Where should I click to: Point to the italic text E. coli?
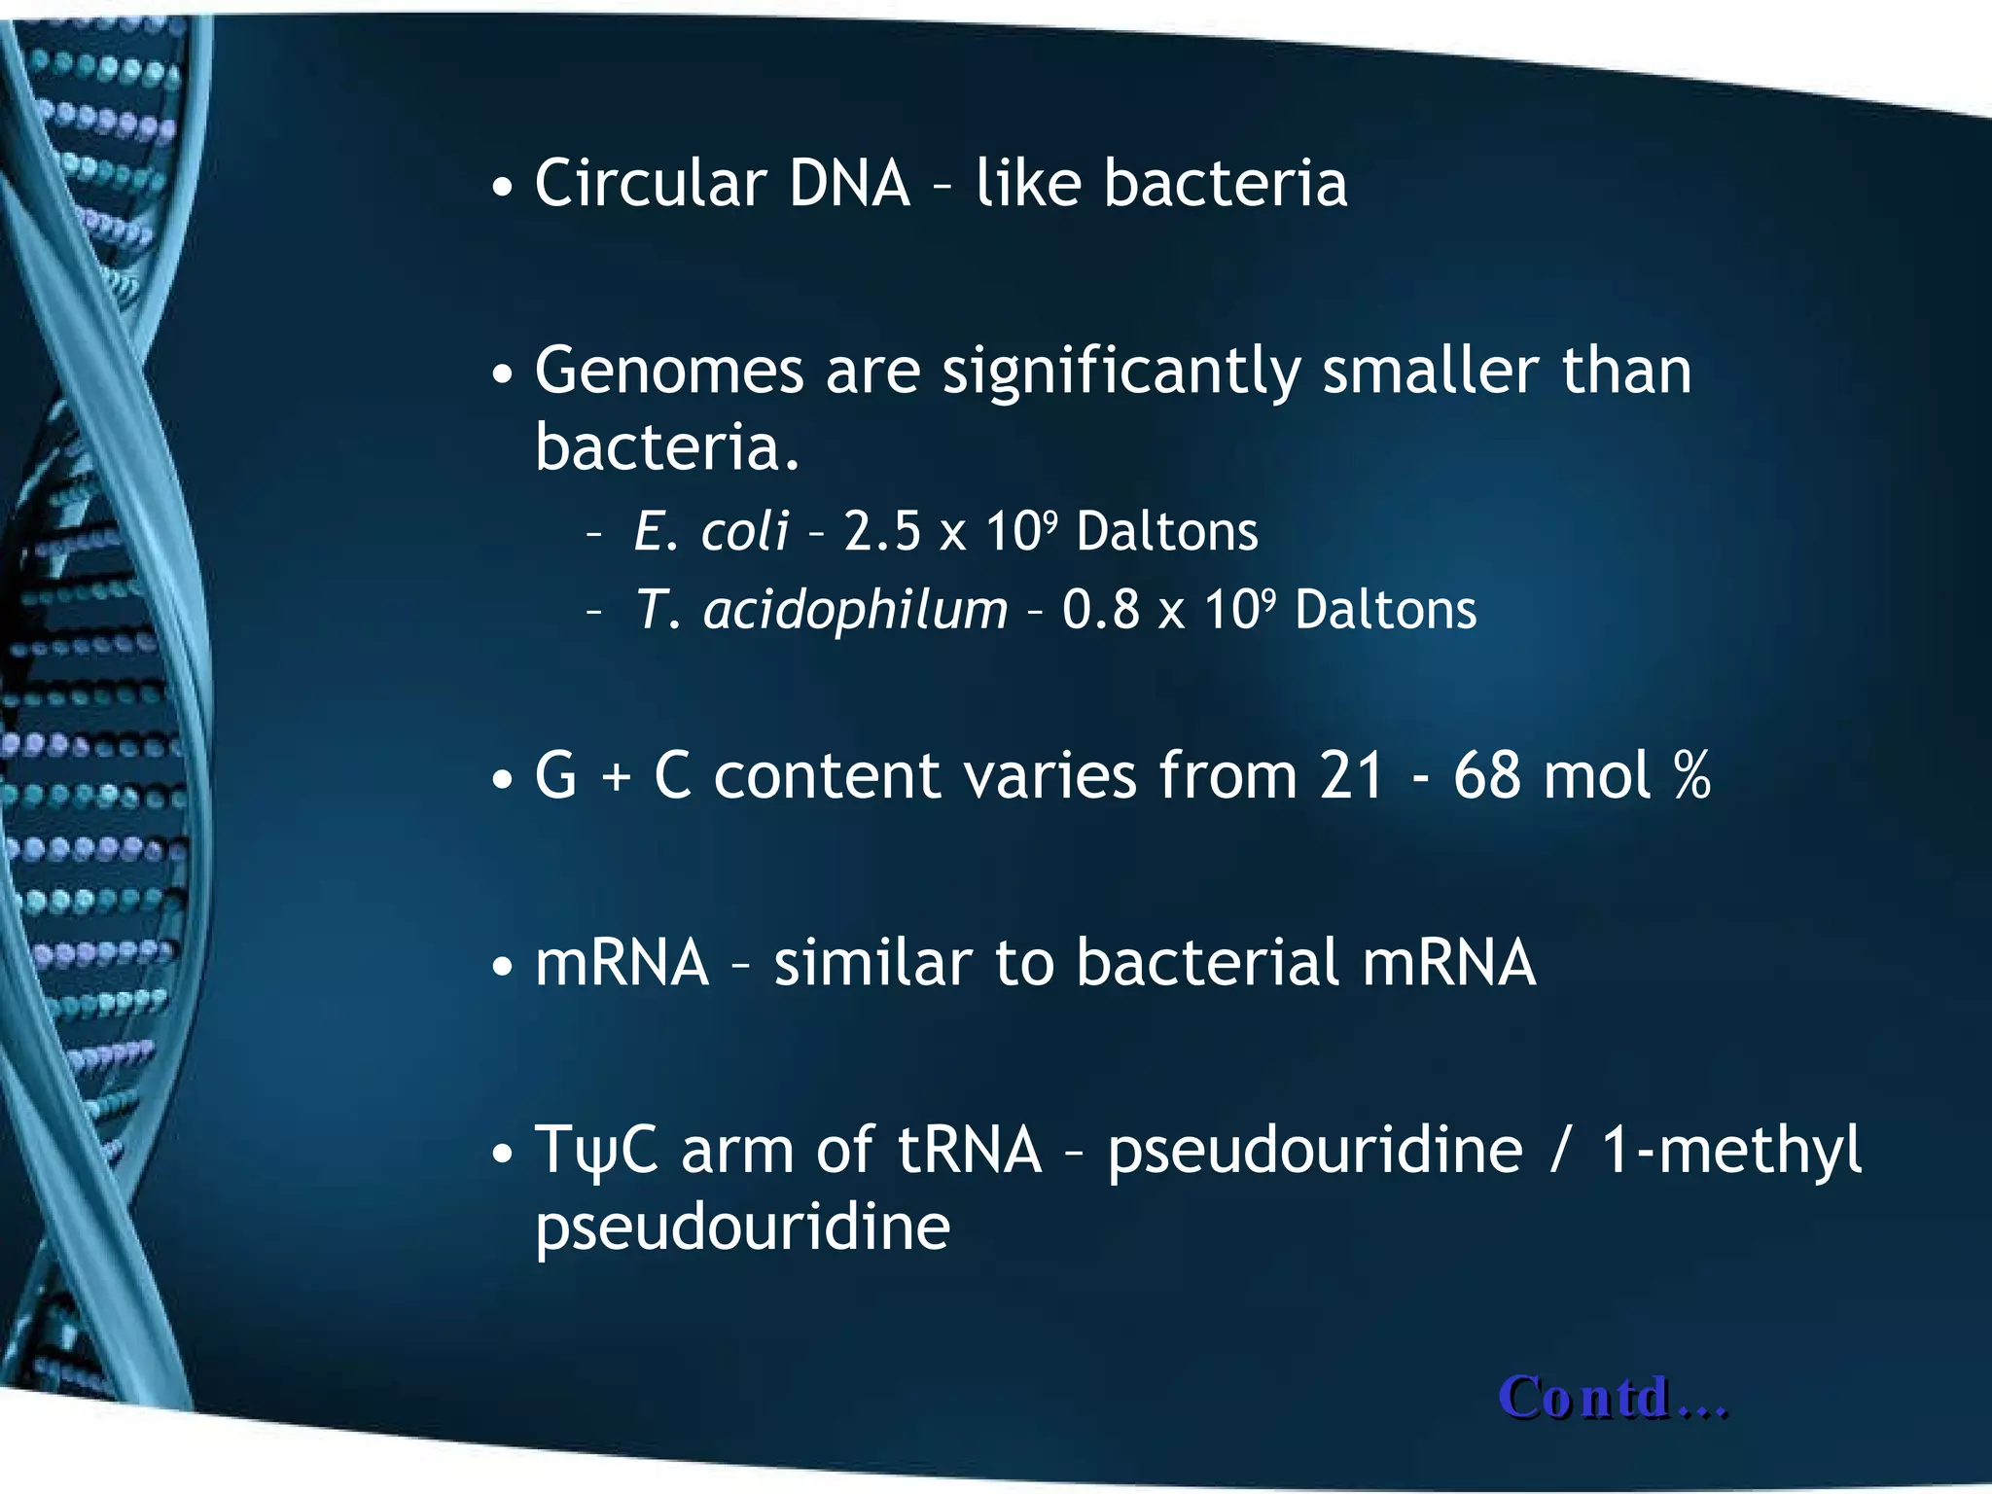(711, 531)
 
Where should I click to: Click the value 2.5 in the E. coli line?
(881, 532)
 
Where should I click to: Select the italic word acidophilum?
(856, 611)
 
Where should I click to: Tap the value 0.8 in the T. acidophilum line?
(1100, 611)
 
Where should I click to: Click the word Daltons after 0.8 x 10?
(1385, 611)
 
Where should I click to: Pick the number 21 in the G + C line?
(1351, 776)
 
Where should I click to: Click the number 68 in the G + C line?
(1487, 776)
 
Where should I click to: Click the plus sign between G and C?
(615, 778)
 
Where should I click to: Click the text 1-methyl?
(1729, 1151)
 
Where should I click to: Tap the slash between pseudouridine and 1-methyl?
(1560, 1151)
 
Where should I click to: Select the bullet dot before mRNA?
(502, 968)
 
